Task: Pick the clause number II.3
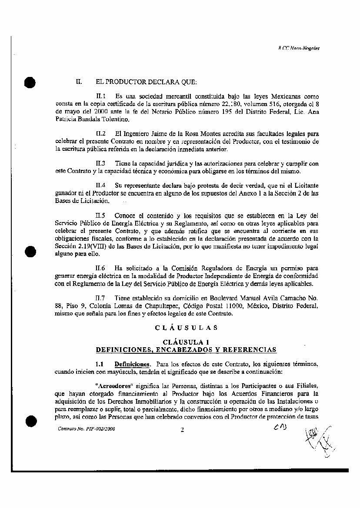tap(101, 164)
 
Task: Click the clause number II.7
tap(101, 299)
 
